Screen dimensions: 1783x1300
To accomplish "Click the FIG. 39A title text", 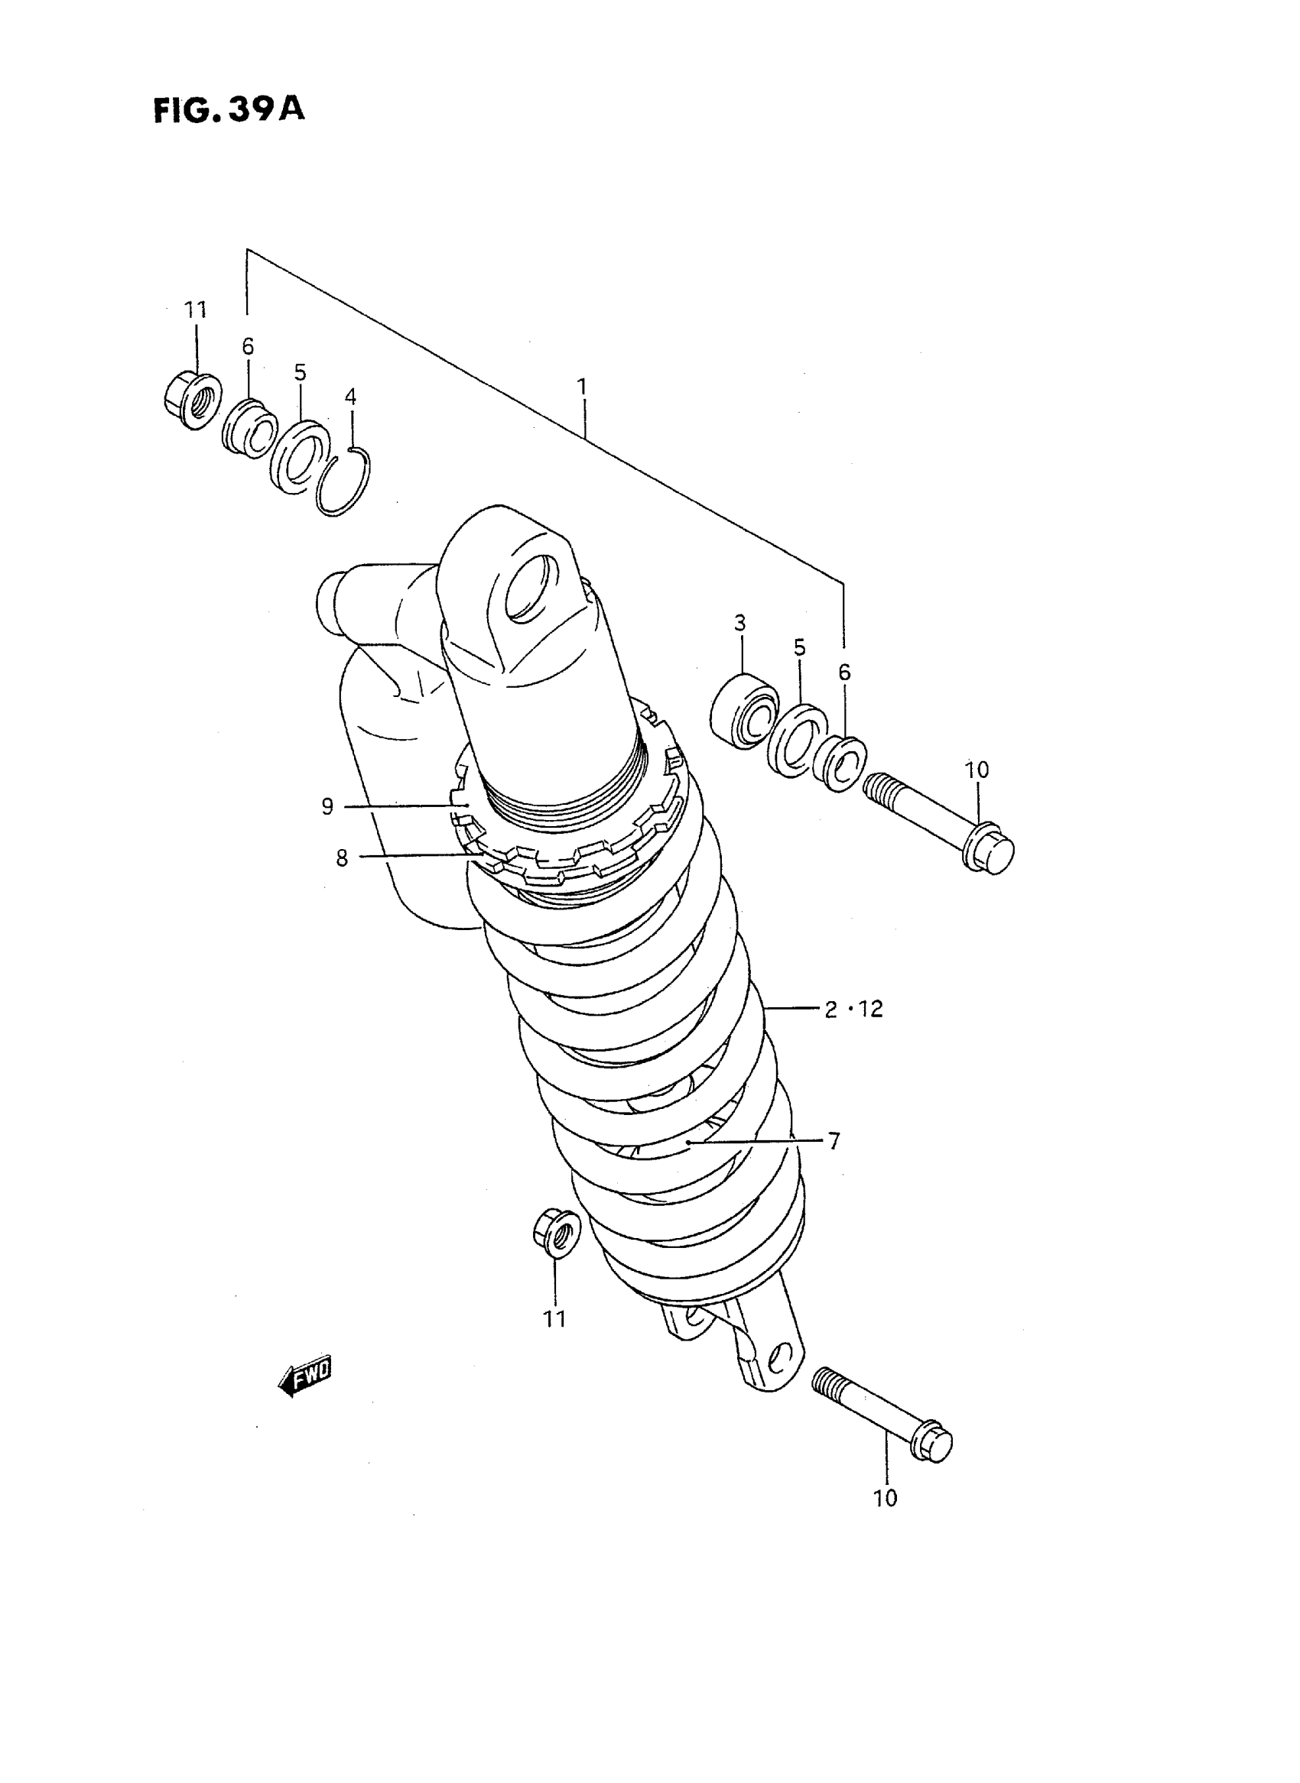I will point(228,110).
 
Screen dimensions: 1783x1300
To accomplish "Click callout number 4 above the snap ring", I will point(350,397).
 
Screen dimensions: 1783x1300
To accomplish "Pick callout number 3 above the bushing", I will point(739,624).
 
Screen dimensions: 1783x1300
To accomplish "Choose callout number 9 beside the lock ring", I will point(327,806).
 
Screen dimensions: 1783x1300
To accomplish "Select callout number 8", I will point(342,858).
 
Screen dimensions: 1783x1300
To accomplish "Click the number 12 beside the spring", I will point(870,1009).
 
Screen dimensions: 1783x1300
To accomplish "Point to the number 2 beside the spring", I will point(831,1009).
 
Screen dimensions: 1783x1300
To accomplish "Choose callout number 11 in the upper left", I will point(195,310).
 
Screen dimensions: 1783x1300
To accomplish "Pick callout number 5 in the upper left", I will point(300,372).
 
